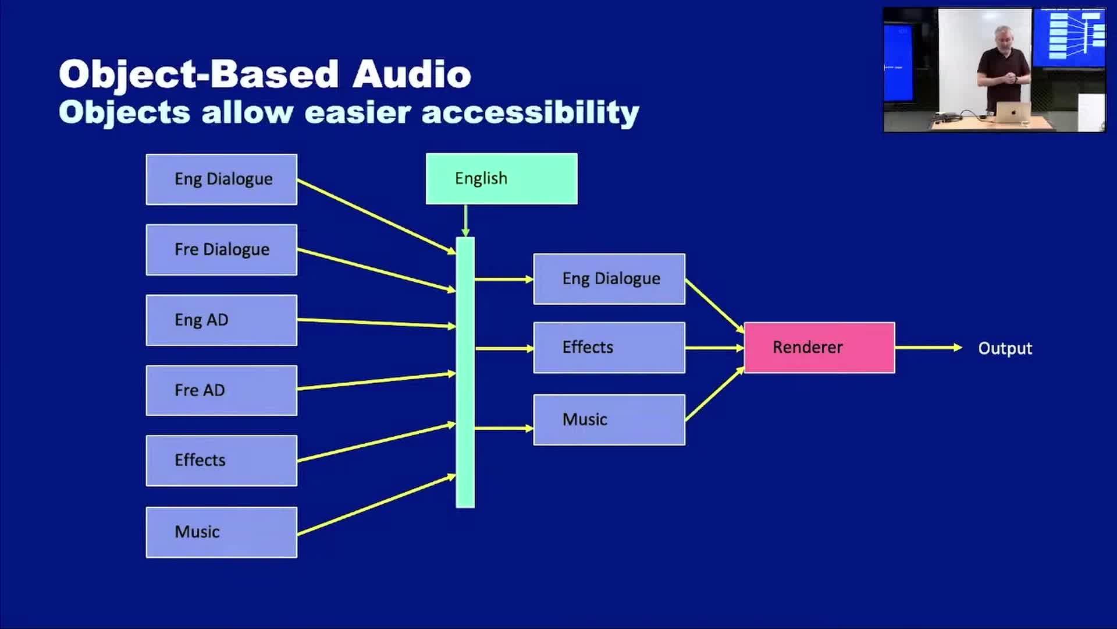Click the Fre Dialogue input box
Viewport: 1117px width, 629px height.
click(x=222, y=250)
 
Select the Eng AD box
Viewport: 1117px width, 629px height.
click(x=222, y=320)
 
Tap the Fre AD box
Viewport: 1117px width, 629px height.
click(x=222, y=390)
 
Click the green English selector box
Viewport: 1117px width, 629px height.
click(x=501, y=179)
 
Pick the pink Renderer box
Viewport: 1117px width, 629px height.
click(x=820, y=348)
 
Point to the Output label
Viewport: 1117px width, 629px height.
click(x=1005, y=348)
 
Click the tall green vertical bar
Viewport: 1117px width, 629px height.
click(x=465, y=372)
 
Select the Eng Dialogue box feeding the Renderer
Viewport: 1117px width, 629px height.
click(x=609, y=279)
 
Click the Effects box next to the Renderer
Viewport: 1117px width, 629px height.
click(x=609, y=348)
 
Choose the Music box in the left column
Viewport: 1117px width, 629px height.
click(x=222, y=532)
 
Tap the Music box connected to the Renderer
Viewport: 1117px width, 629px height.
click(x=609, y=420)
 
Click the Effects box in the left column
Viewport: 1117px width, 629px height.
click(x=222, y=461)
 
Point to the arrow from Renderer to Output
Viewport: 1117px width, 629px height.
click(x=929, y=348)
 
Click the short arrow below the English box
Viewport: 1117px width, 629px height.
click(x=465, y=220)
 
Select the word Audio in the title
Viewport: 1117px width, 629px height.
click(x=412, y=75)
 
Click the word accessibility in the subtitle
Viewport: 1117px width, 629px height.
click(x=530, y=113)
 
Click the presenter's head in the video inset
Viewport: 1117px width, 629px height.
click(x=1004, y=36)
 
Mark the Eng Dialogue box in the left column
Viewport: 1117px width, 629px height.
click(x=222, y=179)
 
